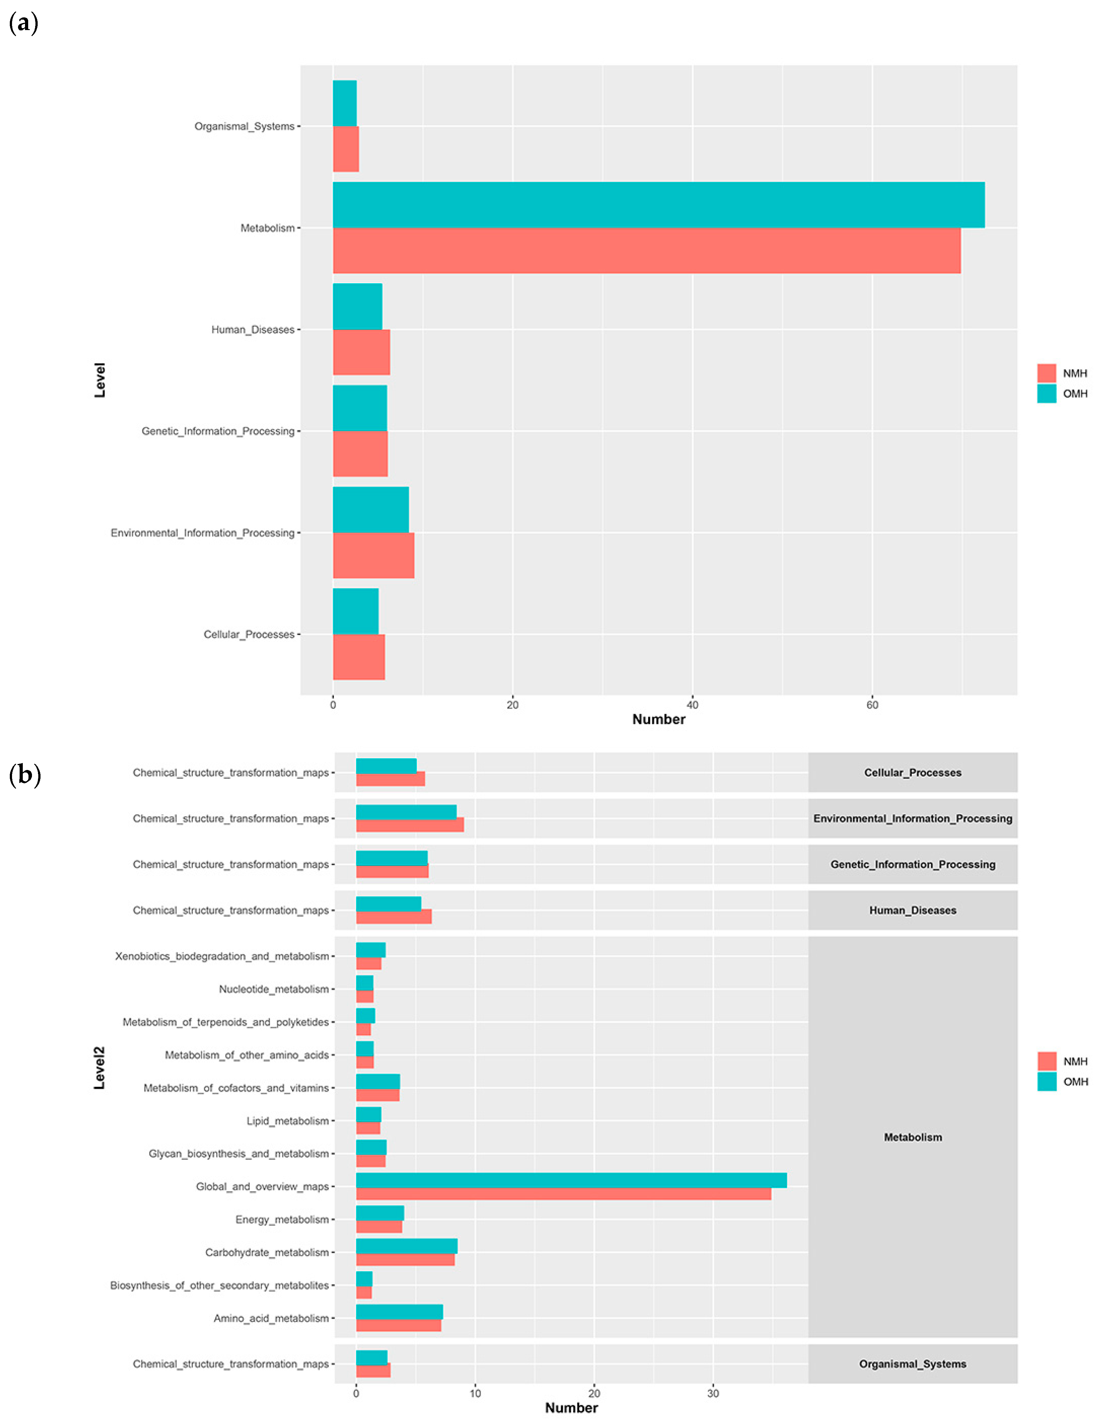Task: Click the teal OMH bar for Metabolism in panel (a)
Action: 658,205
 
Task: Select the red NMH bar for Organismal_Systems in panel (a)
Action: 346,149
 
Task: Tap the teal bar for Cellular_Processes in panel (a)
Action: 355,611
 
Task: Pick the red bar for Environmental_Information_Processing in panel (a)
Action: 373,555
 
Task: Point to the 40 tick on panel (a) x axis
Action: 692,704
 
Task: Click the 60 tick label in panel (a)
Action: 872,704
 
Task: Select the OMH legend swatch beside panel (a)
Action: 1046,394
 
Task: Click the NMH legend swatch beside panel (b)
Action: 1046,1061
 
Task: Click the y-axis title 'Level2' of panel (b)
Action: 99,1067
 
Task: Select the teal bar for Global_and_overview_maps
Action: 571,1180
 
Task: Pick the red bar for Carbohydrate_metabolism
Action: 405,1259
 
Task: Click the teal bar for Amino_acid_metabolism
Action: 399,1311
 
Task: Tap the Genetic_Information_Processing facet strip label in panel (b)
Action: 912,864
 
